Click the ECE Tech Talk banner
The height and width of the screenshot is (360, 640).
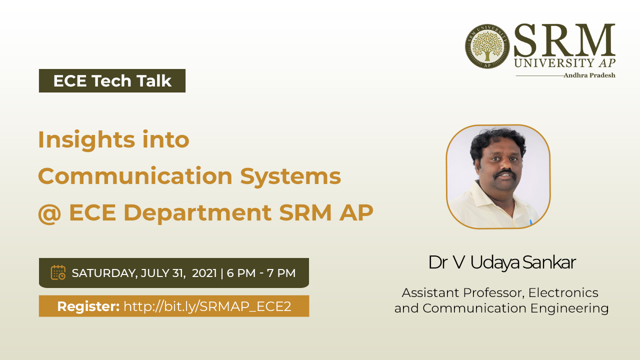(112, 80)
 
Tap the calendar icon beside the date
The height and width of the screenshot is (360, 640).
(58, 272)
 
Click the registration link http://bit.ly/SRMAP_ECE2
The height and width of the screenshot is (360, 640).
(207, 306)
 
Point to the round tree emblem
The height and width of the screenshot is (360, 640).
(487, 46)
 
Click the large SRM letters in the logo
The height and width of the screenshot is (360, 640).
(564, 40)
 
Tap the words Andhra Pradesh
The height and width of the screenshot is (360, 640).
(589, 75)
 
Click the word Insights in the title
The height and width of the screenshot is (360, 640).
(86, 140)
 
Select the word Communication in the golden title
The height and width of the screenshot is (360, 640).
(135, 176)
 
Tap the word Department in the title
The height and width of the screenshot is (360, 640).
(197, 213)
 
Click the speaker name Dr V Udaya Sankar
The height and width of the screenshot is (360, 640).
(502, 262)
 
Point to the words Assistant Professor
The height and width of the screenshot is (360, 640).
(462, 293)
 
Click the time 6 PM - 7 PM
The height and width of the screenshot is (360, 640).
(261, 273)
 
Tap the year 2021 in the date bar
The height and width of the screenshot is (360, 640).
(204, 273)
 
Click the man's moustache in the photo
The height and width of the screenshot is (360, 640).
(505, 173)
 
